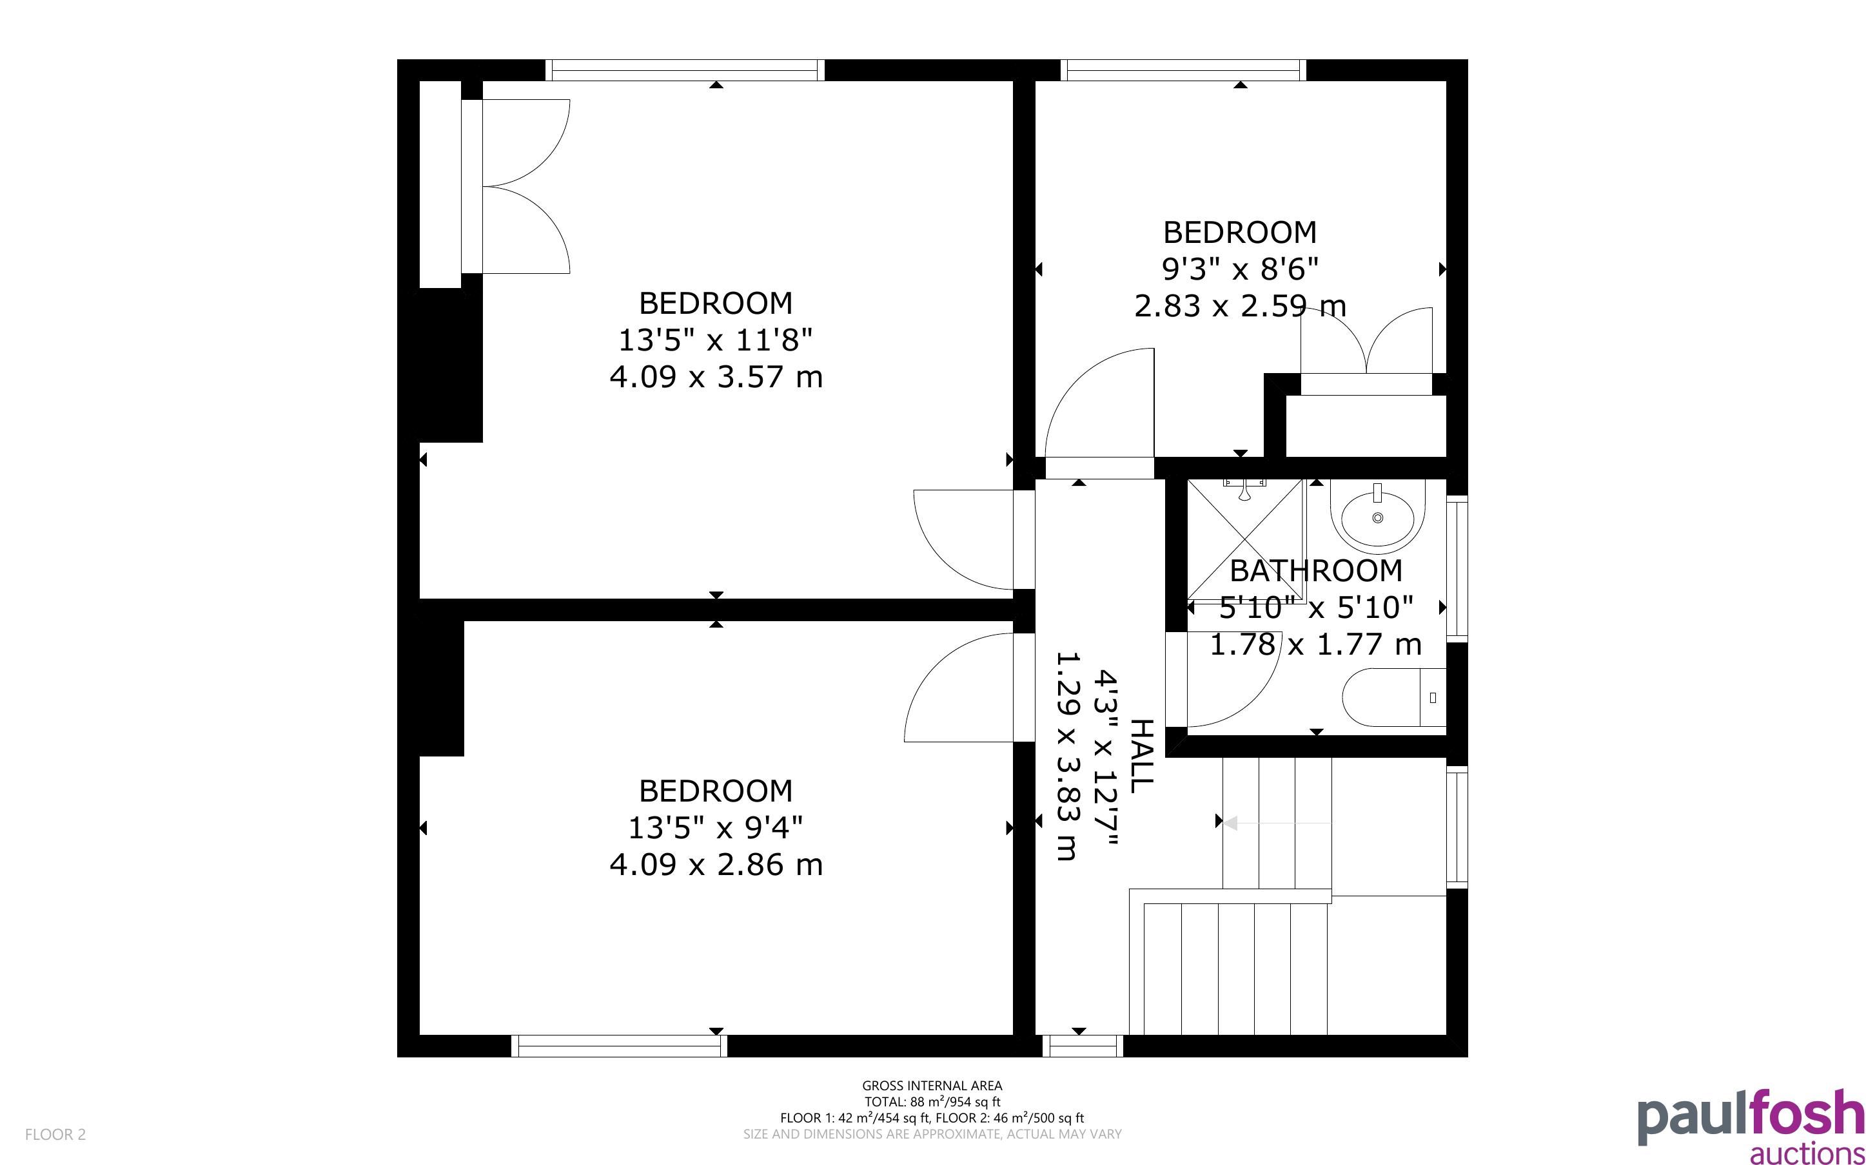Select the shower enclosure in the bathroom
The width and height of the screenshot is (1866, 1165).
coord(1245,539)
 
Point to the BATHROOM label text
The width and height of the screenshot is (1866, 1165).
coord(1316,571)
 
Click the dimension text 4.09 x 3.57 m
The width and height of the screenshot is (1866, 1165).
coord(716,378)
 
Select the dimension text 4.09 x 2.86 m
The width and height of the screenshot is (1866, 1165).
coord(716,865)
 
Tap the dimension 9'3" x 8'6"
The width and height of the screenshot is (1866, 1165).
coord(1240,269)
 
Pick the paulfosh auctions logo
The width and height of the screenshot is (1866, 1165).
coord(1751,1126)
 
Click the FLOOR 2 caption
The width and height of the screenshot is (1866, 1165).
coord(55,1134)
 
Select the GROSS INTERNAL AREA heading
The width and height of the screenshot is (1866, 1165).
coord(932,1086)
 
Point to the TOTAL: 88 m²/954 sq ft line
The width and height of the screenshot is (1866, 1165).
coord(932,1102)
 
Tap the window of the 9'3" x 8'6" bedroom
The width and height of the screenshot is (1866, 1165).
coord(1183,70)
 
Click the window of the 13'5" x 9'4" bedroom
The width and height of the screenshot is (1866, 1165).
coord(619,1046)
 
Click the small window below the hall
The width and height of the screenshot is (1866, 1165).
coord(1083,1046)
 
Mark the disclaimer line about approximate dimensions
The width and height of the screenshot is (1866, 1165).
coord(932,1134)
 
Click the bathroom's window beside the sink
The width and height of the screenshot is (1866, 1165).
coord(1457,568)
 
